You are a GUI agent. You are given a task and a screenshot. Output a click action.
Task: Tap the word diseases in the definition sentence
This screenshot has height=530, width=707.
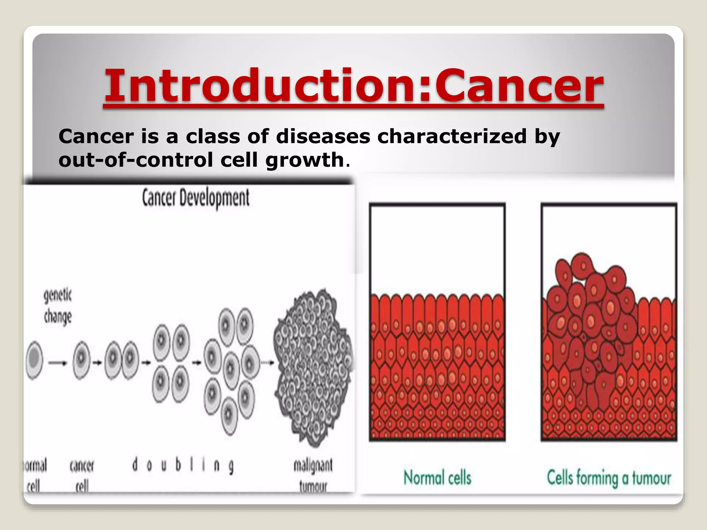[x=323, y=136]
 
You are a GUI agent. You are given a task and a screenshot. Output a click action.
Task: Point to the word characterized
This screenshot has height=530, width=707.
[x=452, y=136]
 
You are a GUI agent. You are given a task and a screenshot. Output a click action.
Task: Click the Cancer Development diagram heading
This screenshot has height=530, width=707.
[x=196, y=198]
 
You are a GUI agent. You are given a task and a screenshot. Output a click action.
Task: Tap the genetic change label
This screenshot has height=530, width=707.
[x=58, y=306]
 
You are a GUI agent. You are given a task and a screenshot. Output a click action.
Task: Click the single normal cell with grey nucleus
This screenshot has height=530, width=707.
[x=34, y=360]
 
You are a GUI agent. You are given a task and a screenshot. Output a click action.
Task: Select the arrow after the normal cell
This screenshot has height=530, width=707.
[x=58, y=363]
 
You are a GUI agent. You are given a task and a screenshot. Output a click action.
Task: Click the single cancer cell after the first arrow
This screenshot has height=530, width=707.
[x=81, y=360]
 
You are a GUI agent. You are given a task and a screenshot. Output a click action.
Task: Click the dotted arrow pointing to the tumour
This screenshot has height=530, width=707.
[x=267, y=363]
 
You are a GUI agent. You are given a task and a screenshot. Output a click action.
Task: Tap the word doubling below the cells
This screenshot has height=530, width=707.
[x=183, y=465]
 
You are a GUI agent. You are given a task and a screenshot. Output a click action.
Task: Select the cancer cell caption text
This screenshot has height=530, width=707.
[x=82, y=475]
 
